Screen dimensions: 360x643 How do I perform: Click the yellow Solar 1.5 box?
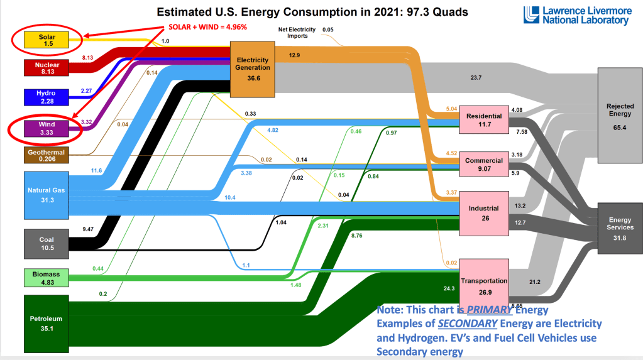point(46,40)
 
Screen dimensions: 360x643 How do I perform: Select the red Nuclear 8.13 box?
point(46,68)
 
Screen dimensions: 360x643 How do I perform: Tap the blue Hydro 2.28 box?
point(46,97)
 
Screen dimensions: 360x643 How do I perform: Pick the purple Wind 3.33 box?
point(46,129)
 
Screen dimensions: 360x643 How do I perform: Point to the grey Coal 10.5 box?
point(46,243)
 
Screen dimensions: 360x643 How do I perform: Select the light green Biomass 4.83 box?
point(46,278)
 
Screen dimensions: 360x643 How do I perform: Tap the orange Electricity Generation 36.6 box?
point(253,68)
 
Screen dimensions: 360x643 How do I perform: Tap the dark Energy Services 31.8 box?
point(620,227)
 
